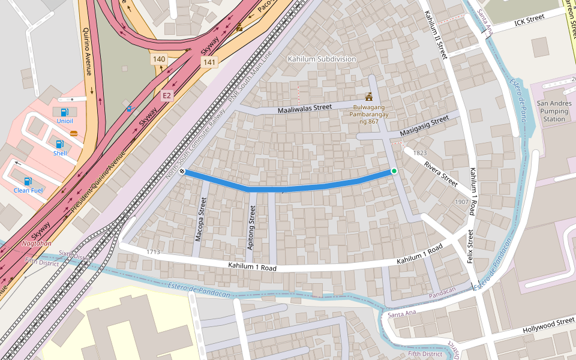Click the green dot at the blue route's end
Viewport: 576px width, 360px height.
[394, 171]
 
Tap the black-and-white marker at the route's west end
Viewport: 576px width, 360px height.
[182, 172]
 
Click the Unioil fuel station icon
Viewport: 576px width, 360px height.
[65, 112]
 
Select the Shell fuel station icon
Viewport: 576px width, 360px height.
[59, 144]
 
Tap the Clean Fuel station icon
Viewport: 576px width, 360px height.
[28, 181]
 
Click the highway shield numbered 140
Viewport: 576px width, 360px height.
[159, 59]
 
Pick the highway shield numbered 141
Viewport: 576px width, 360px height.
[209, 62]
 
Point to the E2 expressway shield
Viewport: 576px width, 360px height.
[167, 95]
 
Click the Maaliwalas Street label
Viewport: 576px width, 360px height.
[304, 109]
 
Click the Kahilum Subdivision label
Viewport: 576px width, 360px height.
[322, 59]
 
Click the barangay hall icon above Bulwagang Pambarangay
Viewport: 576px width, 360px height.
[368, 97]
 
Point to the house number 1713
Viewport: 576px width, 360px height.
[153, 252]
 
